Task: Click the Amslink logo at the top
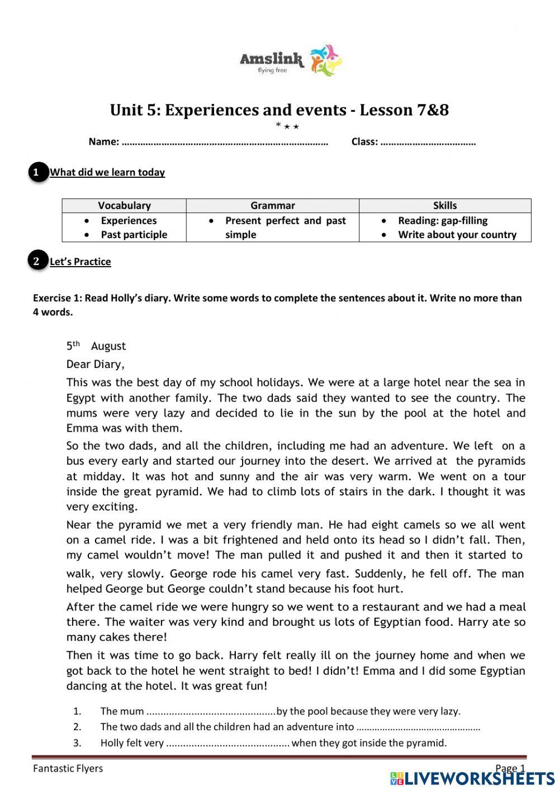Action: pyautogui.click(x=291, y=60)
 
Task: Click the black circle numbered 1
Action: pyautogui.click(x=37, y=172)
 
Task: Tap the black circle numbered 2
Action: pyautogui.click(x=37, y=261)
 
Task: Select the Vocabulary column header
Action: pyautogui.click(x=124, y=205)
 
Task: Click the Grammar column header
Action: pyautogui.click(x=272, y=205)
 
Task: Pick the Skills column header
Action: pyautogui.click(x=444, y=205)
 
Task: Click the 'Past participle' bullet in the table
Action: pyautogui.click(x=134, y=235)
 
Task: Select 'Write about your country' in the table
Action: pyautogui.click(x=457, y=235)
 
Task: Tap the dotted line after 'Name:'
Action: pyautogui.click(x=224, y=142)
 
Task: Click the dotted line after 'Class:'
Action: pyautogui.click(x=428, y=142)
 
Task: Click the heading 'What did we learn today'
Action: pyautogui.click(x=107, y=172)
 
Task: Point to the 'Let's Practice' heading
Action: pyautogui.click(x=80, y=262)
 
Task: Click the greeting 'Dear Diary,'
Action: pyautogui.click(x=95, y=365)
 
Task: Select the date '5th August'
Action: pyautogui.click(x=96, y=346)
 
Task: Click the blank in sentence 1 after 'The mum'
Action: pyautogui.click(x=211, y=712)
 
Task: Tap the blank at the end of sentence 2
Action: pyautogui.click(x=418, y=727)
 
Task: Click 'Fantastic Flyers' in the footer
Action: pyautogui.click(x=68, y=768)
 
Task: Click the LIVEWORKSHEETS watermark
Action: pyautogui.click(x=472, y=778)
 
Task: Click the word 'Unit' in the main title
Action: pyautogui.click(x=126, y=110)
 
